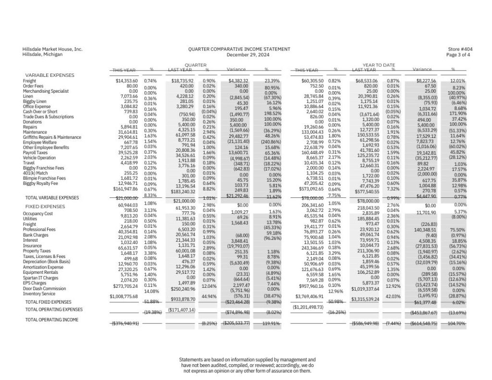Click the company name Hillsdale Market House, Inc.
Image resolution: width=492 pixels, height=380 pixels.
pyautogui.click(x=52, y=49)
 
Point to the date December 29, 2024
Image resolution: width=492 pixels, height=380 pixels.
pyautogui.click(x=239, y=55)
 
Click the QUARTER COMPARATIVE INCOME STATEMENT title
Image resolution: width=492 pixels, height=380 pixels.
pyautogui.click(x=239, y=49)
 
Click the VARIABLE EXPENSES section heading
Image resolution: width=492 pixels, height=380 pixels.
pyautogui.click(x=49, y=75)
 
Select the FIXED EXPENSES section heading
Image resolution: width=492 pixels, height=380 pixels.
pyautogui.click(x=45, y=206)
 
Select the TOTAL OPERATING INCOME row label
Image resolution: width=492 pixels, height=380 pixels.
pyautogui.click(x=52, y=319)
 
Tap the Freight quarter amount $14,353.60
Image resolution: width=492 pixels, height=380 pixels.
pyautogui.click(x=127, y=81)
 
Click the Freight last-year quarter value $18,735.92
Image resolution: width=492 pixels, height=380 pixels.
pyautogui.click(x=183, y=81)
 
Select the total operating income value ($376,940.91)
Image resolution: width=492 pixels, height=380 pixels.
pyautogui.click(x=125, y=324)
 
